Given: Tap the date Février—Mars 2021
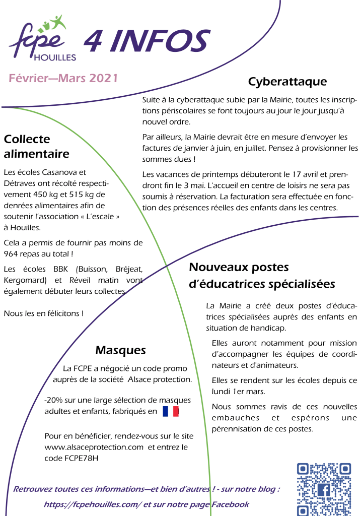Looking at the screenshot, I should pos(63,78).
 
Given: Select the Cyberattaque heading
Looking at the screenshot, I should pos(287,82).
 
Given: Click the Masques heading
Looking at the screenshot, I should pos(121,350).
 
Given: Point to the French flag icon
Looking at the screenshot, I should pos(171,412).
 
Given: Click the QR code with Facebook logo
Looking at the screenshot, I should pos(323,489).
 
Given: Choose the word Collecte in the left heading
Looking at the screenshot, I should pos(27,139).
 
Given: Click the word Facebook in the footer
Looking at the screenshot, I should pos(230,504).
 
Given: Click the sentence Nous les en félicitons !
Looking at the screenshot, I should pos(43,313).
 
